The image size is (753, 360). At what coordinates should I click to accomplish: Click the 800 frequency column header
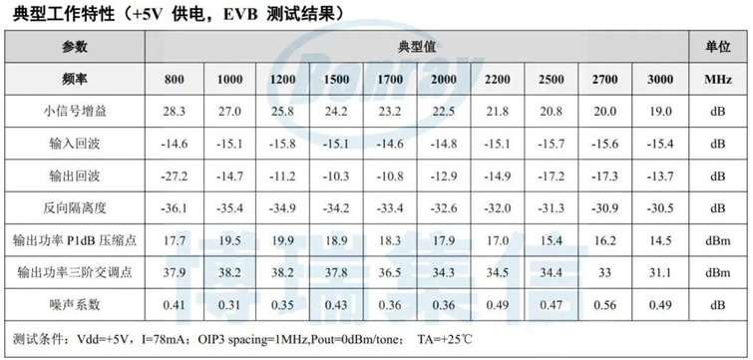pos(175,79)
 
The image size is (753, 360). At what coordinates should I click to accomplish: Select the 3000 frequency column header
pos(659,79)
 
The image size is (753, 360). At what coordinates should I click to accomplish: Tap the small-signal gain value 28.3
pos(175,111)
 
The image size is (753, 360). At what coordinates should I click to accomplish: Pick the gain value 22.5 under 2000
pos(444,111)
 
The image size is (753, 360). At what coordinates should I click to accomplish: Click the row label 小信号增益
pos(75,111)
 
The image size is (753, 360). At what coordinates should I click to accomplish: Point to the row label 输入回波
pos(75,144)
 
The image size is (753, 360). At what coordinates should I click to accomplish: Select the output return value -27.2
pos(175,176)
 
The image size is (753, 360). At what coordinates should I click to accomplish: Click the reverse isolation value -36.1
pos(175,207)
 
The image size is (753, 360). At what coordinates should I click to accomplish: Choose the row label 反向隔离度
pos(75,207)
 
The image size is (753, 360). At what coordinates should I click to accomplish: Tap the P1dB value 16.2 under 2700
pos(604,240)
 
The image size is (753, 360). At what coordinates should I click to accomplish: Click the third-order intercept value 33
pos(604,272)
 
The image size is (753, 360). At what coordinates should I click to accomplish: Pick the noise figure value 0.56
pos(604,304)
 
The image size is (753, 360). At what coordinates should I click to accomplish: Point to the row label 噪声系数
pos(75,304)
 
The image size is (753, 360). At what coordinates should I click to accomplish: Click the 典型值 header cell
pos(416,47)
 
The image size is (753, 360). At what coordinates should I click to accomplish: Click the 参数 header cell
pos(75,47)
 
